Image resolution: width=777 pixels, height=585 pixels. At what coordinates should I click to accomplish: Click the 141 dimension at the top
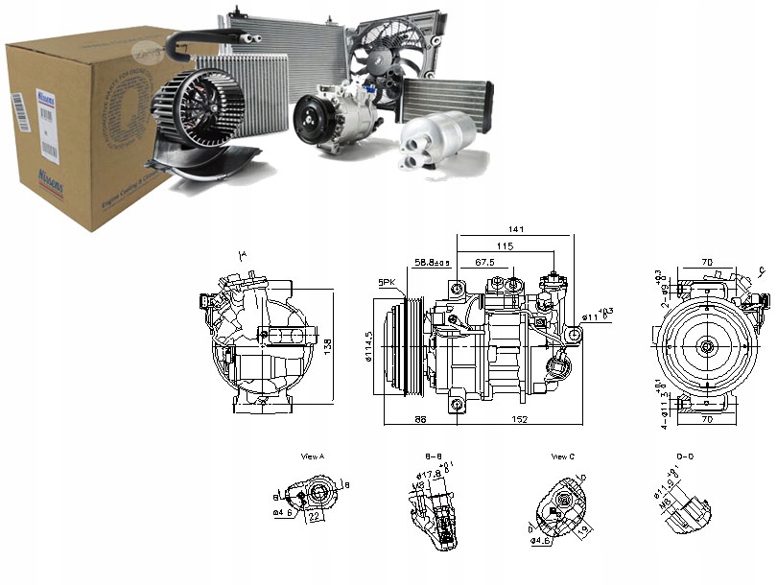point(516,229)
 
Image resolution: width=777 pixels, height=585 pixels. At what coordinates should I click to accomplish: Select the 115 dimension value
point(506,246)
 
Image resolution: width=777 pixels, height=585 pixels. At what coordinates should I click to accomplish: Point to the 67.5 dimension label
point(484,262)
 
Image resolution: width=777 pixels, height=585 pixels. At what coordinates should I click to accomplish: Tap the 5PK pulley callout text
point(388,282)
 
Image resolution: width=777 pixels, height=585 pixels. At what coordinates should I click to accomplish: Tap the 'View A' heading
point(313,456)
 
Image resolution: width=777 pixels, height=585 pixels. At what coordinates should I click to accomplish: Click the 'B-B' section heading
point(433,456)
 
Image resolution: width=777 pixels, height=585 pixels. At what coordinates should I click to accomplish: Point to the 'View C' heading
point(564,456)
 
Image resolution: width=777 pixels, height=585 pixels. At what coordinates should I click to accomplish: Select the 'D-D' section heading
point(685,456)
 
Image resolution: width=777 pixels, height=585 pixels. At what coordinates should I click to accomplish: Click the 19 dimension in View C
point(581,526)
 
